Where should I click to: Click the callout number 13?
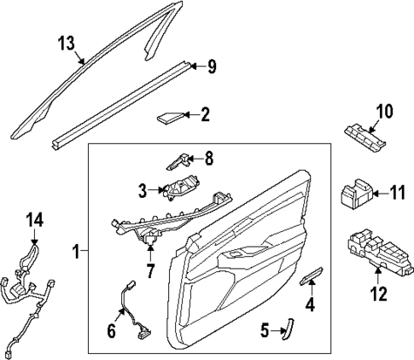(x=66, y=44)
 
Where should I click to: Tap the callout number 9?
(x=212, y=67)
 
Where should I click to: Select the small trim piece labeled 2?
(x=171, y=118)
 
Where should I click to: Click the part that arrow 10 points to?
(x=365, y=137)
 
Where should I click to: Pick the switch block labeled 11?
(x=357, y=195)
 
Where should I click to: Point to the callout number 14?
(x=34, y=220)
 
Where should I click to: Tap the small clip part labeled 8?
(x=178, y=161)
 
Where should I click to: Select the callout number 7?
(x=150, y=270)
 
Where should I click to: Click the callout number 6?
(x=111, y=331)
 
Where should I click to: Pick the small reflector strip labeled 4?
(x=312, y=275)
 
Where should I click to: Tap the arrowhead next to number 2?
(x=187, y=115)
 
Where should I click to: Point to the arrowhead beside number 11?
(x=376, y=194)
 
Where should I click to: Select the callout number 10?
(x=384, y=111)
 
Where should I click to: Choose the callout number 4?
(x=310, y=305)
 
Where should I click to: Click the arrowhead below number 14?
(x=34, y=242)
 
